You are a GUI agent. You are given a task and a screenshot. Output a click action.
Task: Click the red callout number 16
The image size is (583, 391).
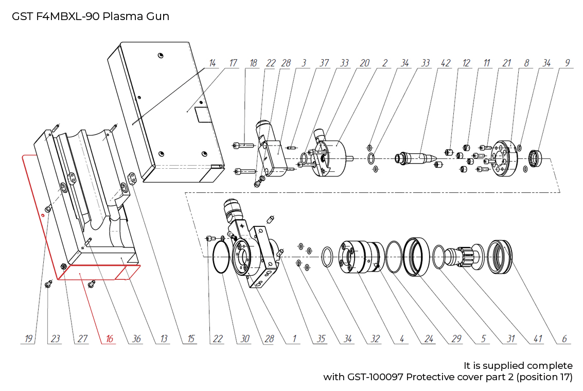109,339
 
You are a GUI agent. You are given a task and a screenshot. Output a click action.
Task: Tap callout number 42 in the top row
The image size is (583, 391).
446,63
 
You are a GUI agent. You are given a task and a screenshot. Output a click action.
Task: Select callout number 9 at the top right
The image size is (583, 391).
567,63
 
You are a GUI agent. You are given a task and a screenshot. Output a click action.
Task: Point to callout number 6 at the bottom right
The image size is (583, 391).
564,339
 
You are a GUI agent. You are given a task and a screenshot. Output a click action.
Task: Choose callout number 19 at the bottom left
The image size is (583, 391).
28,339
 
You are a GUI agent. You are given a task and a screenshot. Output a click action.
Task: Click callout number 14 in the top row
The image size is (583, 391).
212,63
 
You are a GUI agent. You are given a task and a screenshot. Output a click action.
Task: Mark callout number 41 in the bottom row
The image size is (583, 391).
538,339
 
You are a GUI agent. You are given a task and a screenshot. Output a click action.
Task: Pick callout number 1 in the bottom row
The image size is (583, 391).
294,339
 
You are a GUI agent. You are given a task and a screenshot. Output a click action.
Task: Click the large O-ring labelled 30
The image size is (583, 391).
221,257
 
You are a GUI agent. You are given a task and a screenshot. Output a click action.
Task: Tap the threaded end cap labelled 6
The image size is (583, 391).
500,256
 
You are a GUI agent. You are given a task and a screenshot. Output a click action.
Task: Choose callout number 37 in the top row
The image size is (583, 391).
324,63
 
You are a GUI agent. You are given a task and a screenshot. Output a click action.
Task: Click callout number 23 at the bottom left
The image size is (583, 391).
55,339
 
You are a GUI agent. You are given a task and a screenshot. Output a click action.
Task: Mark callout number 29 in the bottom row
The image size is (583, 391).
456,339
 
